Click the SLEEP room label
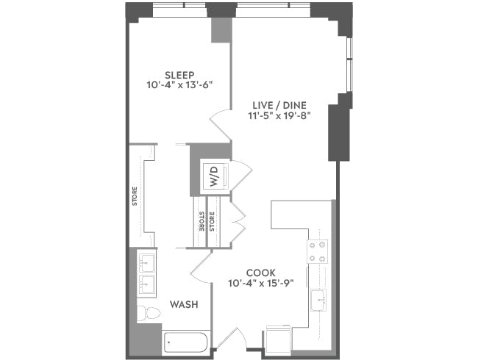tap(179, 75)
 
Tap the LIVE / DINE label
tap(277, 104)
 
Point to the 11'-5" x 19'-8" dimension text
tap(277, 115)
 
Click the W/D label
tap(214, 177)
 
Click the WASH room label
tap(182, 304)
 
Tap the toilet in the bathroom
tap(149, 312)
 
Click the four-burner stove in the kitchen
tap(318, 251)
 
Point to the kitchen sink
tap(318, 299)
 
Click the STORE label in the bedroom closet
tap(135, 198)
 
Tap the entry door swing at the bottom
tap(233, 340)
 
